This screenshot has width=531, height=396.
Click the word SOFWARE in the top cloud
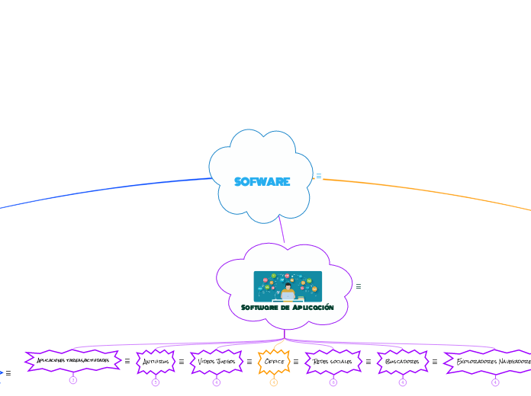262,182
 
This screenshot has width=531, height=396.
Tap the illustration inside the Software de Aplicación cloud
288,286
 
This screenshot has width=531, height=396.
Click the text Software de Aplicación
288,308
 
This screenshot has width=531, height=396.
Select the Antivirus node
156,362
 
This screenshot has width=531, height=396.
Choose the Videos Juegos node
217,362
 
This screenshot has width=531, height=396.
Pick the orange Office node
274,362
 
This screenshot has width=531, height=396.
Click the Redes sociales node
333,362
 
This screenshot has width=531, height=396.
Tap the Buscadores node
402,362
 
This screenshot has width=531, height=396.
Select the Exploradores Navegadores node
493,362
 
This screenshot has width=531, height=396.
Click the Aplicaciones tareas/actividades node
73,360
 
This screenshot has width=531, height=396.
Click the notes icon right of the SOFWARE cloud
319,176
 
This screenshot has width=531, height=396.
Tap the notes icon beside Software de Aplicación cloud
359,286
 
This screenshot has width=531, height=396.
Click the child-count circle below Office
274,382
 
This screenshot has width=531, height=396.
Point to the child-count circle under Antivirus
156,382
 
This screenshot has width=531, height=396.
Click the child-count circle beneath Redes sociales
333,382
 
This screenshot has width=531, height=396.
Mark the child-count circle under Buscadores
403,382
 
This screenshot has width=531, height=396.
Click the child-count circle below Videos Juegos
217,382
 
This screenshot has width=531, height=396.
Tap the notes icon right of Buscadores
435,362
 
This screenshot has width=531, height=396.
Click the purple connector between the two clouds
282,230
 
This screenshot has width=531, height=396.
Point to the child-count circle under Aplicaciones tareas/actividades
73,380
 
